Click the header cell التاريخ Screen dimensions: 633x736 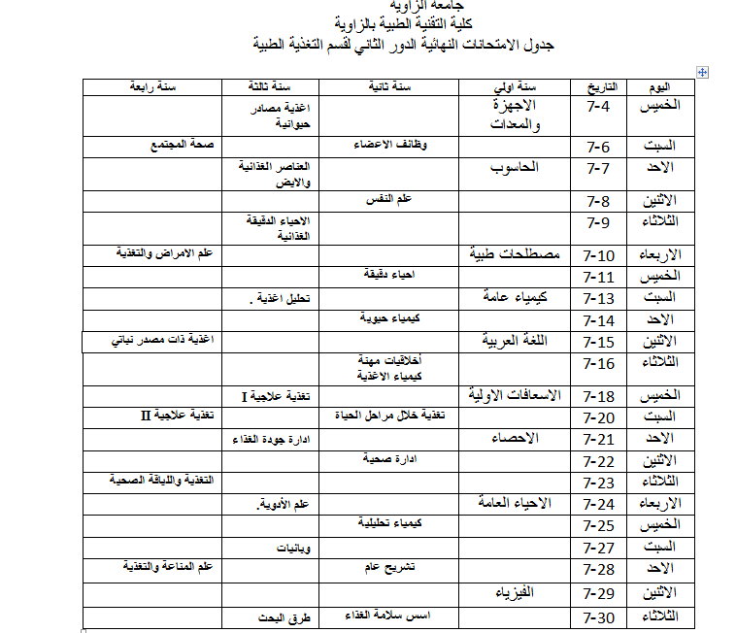[603, 87]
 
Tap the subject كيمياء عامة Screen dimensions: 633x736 [514, 297]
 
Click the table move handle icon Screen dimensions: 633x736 [703, 72]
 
